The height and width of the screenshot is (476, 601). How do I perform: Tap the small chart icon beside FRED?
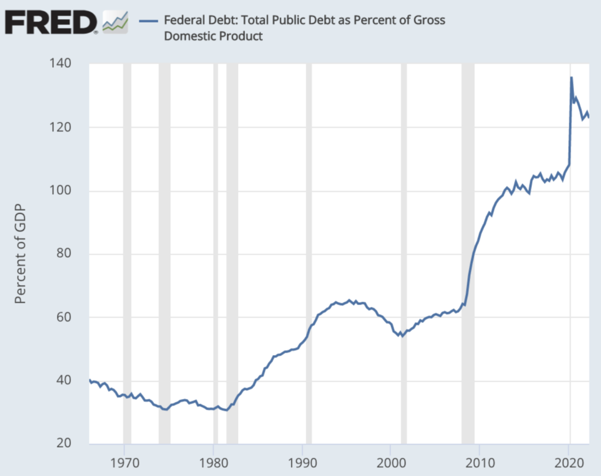[115, 22]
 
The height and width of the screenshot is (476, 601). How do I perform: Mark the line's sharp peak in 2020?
[571, 77]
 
